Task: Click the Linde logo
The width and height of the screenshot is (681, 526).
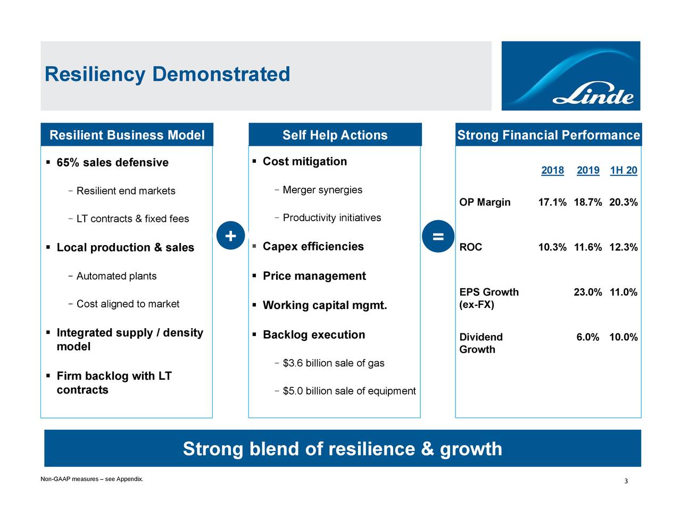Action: click(x=570, y=76)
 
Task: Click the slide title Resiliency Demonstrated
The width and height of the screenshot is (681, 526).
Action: click(x=168, y=74)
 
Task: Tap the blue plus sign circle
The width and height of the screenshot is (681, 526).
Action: click(x=230, y=236)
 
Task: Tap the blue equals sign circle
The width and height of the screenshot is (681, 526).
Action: click(x=438, y=237)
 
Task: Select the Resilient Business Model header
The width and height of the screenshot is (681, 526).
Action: click(x=127, y=135)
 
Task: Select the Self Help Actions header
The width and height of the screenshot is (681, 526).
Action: click(x=335, y=135)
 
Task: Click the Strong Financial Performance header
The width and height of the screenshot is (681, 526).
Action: click(x=549, y=135)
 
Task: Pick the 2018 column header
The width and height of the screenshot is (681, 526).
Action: click(x=552, y=170)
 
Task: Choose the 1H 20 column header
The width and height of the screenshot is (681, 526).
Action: click(x=623, y=170)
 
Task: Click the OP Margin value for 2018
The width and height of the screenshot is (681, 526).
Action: click(x=552, y=203)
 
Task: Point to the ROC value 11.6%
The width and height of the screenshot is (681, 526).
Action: click(x=588, y=247)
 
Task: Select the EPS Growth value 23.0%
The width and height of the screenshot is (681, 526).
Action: click(x=588, y=292)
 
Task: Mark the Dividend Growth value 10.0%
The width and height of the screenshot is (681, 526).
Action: click(x=623, y=337)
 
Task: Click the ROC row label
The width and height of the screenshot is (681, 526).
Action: click(x=471, y=247)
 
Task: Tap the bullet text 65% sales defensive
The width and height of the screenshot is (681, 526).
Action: click(x=112, y=163)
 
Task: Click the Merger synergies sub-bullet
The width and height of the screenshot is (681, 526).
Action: click(x=322, y=190)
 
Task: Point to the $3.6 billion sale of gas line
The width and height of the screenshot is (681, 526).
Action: click(x=333, y=363)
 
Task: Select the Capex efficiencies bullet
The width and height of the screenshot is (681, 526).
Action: click(x=313, y=247)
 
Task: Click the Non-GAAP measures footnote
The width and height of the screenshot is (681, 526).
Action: click(x=92, y=479)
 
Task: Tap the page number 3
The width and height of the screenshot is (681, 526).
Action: click(x=626, y=481)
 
